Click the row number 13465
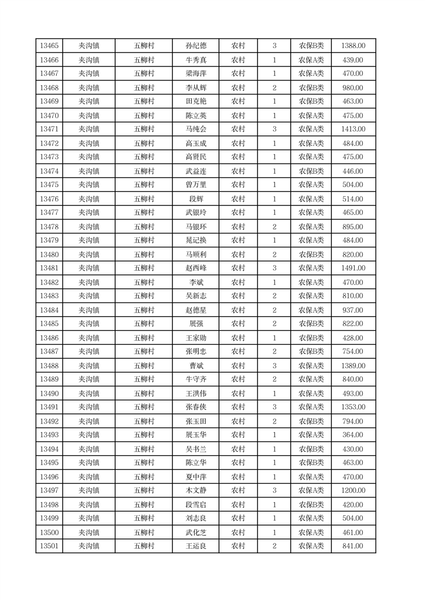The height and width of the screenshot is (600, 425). point(49,46)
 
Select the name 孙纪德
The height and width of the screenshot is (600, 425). point(195,46)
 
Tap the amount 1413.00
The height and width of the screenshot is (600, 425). point(353,129)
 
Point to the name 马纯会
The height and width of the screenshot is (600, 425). point(195,129)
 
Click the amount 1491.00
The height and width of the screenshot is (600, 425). point(353,268)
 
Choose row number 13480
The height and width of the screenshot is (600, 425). point(49,255)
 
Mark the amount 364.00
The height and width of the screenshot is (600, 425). point(353,435)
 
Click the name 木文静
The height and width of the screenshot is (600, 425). point(195,490)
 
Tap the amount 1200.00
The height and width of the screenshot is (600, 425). point(353,490)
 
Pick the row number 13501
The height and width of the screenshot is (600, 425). point(49,546)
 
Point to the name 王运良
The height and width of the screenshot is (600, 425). point(195,546)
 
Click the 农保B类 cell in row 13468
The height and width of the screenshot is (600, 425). point(311,88)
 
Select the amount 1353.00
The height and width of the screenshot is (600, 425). point(353,407)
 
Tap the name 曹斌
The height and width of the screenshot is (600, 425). point(195,366)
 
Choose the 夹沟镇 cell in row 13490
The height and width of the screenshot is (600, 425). point(89,394)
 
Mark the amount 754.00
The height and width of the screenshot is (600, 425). point(353,351)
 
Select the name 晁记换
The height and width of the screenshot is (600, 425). point(195,240)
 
